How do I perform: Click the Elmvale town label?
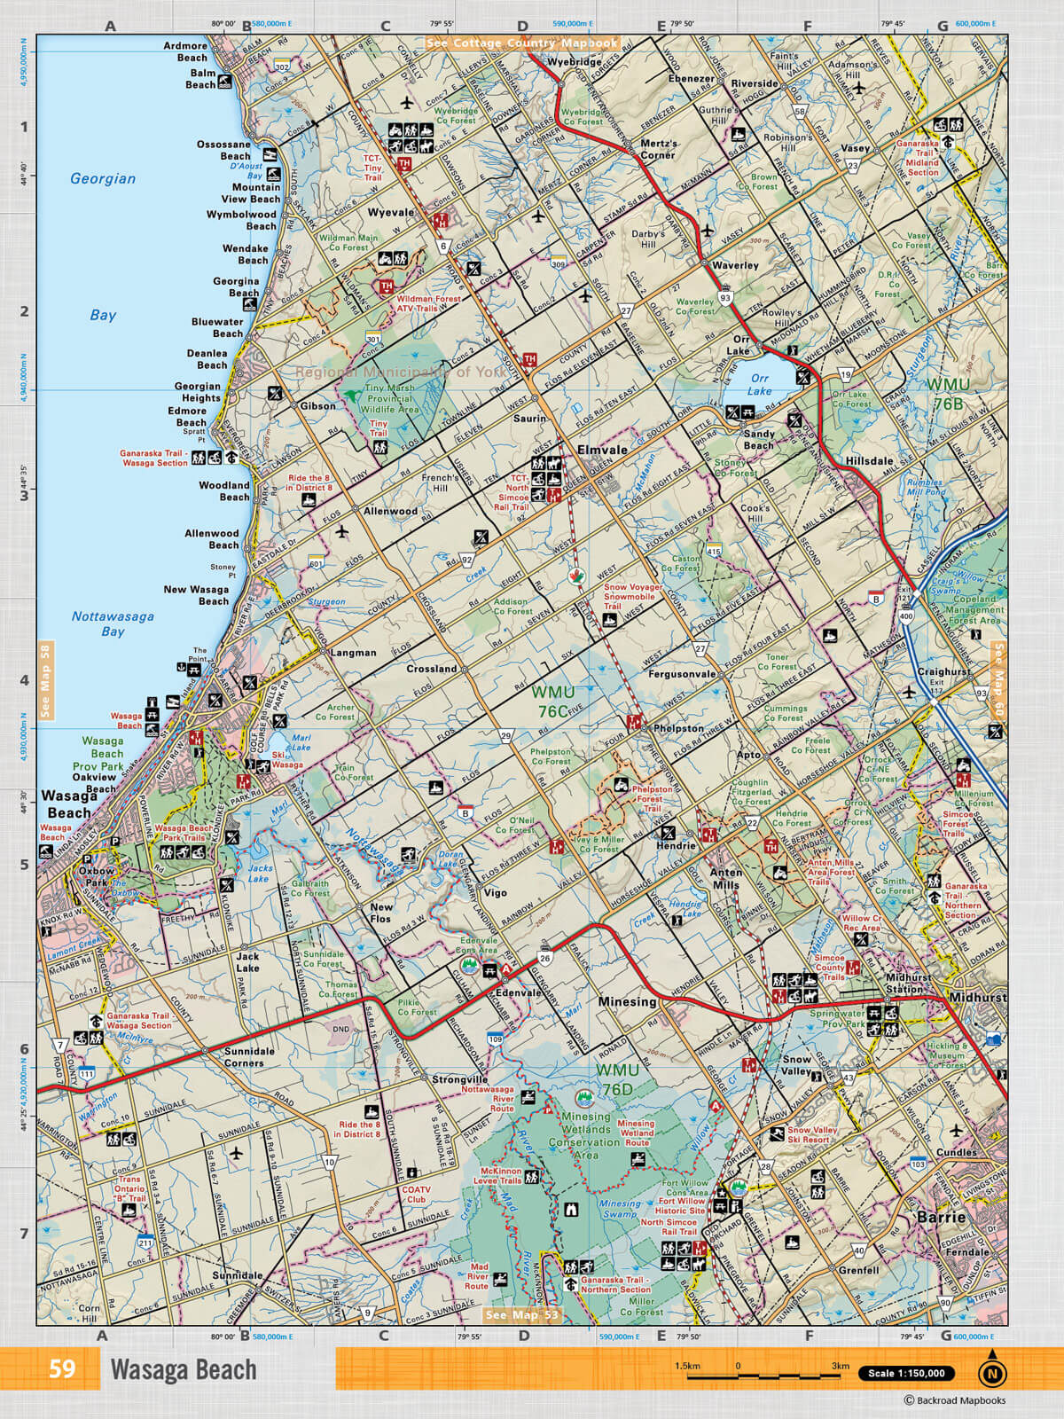pos(602,450)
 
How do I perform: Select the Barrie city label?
pos(941,1217)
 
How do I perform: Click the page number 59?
pos(62,1369)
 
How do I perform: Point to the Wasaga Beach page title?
pos(184,1370)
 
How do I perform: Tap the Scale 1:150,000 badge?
pos(906,1374)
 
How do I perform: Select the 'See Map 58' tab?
pos(45,680)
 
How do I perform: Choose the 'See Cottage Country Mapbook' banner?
pos(520,43)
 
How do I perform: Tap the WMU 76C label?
pos(554,701)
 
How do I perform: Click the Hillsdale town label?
pos(869,462)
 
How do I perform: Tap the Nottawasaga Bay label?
pos(113,623)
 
